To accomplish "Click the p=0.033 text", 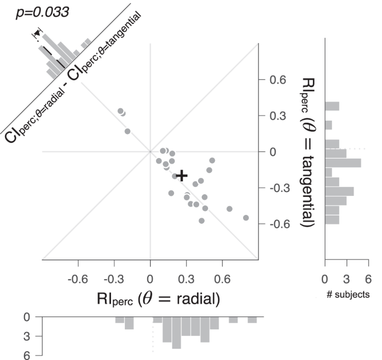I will (42, 12).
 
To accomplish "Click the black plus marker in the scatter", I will (181, 175).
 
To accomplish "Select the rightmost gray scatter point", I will (246, 218).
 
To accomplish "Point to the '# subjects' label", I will (347, 295).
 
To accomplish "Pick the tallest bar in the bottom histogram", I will (177, 333).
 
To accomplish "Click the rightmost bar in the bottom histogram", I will (252, 320).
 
